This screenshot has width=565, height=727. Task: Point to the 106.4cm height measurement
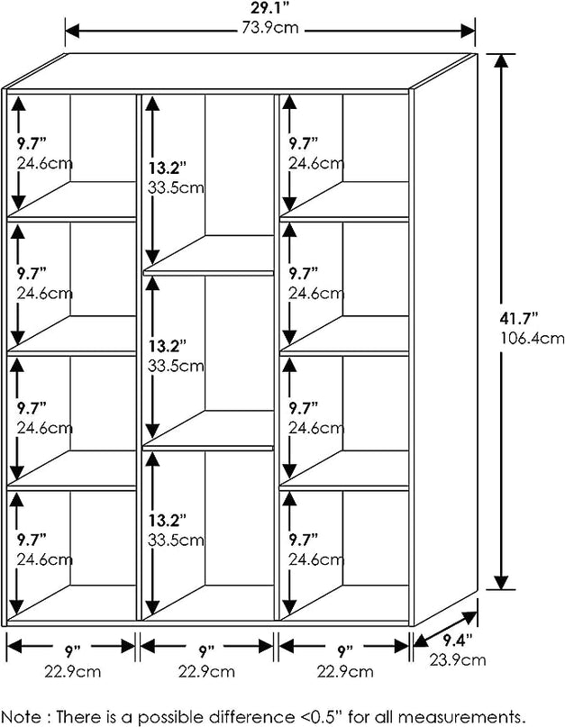[x=531, y=339]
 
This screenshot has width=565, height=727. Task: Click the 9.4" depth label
[x=456, y=641]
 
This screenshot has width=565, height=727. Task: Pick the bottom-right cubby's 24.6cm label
[x=315, y=559]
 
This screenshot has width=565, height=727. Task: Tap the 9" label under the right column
[x=343, y=650]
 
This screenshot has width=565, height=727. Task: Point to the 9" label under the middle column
[x=205, y=650]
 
